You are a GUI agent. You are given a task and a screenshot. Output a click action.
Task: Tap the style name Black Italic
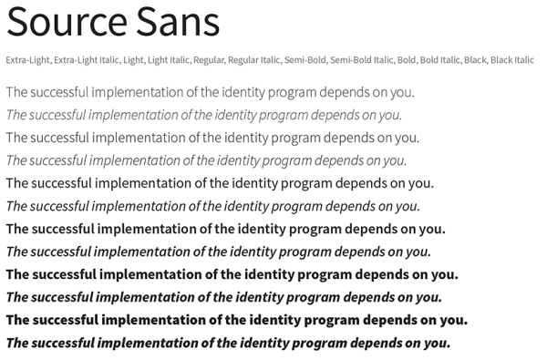(x=511, y=61)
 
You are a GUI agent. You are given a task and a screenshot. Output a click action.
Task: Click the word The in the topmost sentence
(x=16, y=92)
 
